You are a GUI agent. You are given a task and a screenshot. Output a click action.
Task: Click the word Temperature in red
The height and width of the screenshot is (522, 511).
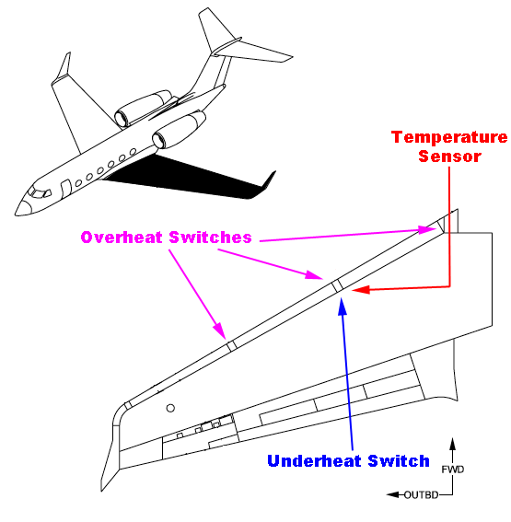(x=449, y=137)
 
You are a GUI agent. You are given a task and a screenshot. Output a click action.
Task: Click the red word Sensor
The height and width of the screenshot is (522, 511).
(x=449, y=157)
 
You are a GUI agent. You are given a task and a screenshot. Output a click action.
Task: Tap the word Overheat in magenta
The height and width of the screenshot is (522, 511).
(x=122, y=238)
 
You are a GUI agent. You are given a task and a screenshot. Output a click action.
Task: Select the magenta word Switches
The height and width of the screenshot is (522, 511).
(x=210, y=238)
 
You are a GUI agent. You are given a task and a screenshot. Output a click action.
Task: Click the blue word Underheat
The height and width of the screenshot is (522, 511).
(x=314, y=461)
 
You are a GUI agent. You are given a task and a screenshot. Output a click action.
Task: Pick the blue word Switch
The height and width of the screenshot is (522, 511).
(x=399, y=461)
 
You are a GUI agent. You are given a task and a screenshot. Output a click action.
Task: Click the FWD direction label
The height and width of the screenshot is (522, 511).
(x=452, y=470)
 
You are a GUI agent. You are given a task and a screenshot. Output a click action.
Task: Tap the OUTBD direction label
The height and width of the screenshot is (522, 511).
(x=421, y=495)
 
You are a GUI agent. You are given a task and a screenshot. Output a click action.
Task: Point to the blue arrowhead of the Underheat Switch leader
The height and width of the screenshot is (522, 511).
(x=343, y=307)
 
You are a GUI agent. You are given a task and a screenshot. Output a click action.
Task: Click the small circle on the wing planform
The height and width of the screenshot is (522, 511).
(x=170, y=408)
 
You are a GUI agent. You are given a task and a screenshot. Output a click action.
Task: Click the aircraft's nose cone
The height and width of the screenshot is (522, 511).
(x=23, y=207)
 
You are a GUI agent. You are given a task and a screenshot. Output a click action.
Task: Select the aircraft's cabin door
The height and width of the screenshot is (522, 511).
(x=65, y=189)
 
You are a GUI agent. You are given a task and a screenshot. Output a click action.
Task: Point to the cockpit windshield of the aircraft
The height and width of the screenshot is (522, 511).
(x=39, y=192)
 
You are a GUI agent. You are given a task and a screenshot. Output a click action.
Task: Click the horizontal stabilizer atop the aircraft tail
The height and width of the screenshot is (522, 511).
(x=253, y=52)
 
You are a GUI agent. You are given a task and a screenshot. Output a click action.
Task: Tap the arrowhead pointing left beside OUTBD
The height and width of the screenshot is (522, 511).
(x=393, y=495)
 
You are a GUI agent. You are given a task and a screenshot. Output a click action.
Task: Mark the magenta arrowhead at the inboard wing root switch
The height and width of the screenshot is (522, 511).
(x=427, y=230)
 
